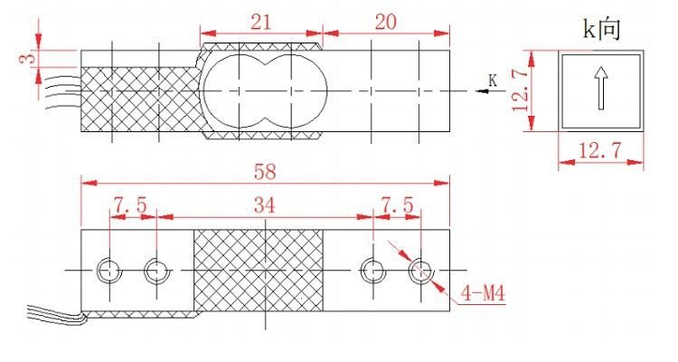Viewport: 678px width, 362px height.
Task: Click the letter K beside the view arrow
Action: tap(493, 81)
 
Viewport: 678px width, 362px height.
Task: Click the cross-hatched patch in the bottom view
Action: tap(259, 270)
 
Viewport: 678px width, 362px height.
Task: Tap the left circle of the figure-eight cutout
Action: tap(233, 90)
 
